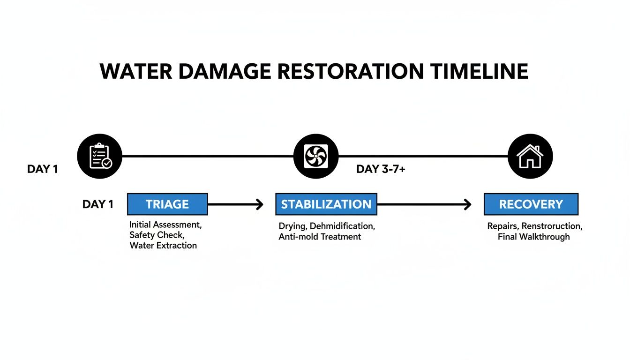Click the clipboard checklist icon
(x=100, y=156)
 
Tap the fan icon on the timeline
(x=315, y=156)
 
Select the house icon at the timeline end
(x=530, y=156)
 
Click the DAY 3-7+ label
(x=381, y=169)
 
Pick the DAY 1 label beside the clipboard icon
(x=42, y=169)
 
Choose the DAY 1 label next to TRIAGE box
(x=97, y=204)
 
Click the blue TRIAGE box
(x=167, y=204)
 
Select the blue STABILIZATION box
(x=326, y=204)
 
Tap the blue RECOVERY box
(x=531, y=204)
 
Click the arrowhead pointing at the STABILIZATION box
(x=259, y=204)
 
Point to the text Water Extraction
(x=163, y=246)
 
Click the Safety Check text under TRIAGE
(x=156, y=235)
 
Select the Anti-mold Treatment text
(x=320, y=237)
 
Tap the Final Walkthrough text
(x=533, y=237)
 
